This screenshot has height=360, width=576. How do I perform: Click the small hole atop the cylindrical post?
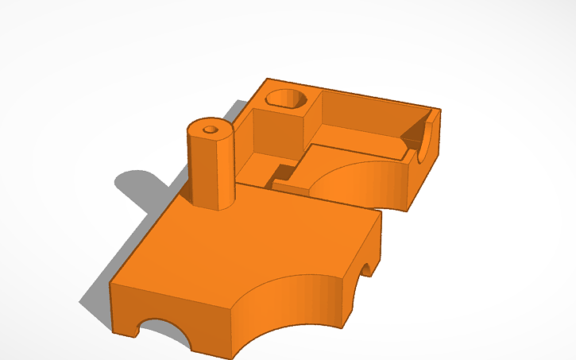(211, 129)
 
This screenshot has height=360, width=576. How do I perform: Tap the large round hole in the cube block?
(287, 99)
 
